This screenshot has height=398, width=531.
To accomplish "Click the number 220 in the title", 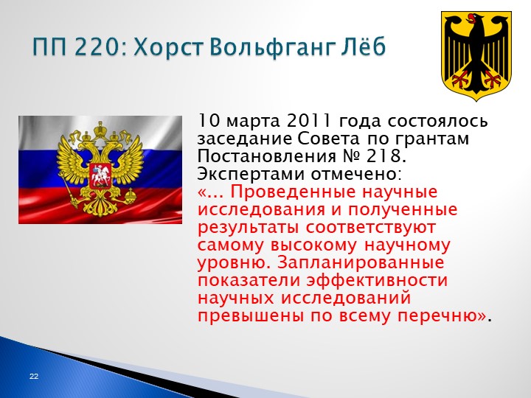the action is tap(95, 46).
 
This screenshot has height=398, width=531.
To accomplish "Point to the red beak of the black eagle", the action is tap(470, 18).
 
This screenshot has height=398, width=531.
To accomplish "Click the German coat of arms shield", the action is tap(476, 55).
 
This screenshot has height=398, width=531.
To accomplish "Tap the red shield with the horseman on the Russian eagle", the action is tap(100, 175).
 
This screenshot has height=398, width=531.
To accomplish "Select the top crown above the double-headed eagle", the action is tap(100, 129).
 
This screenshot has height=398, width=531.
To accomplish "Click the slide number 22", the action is tap(34, 376).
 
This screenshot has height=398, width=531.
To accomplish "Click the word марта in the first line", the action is tap(253, 122).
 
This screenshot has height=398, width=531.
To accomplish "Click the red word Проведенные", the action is tap(294, 192).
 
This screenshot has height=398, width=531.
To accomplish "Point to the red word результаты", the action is tap(248, 228).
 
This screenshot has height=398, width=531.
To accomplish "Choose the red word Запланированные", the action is tap(361, 263).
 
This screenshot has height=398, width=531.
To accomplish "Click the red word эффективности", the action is tap(377, 281).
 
